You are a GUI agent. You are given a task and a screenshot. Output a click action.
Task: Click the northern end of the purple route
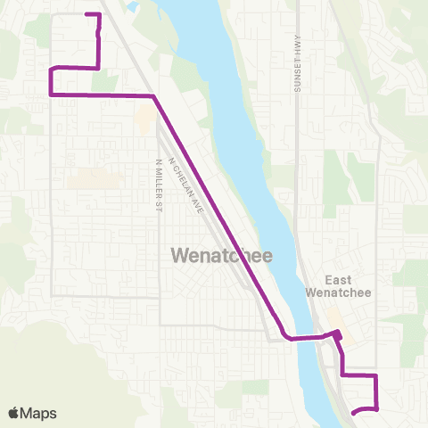point(86,14)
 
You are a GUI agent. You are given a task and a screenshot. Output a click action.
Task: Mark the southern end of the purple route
point(354,413)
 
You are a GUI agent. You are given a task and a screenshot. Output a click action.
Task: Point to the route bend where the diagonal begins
point(154,95)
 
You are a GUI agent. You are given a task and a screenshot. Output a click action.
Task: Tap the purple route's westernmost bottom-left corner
point(51,94)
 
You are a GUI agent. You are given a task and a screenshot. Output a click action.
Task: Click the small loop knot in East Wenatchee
point(337,335)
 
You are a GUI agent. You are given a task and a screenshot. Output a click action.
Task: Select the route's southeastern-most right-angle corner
point(376,408)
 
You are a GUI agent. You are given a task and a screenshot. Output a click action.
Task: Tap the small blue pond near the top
point(133,6)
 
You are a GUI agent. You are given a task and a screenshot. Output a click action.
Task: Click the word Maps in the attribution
point(39,413)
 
